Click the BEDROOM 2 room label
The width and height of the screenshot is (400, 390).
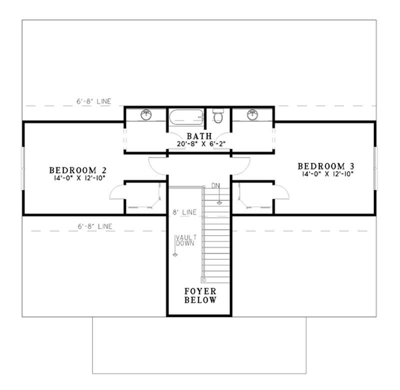point(77,169)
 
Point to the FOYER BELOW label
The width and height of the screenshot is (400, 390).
point(200,296)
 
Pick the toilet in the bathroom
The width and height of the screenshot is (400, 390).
point(217,117)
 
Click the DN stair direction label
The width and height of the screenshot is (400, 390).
point(215,186)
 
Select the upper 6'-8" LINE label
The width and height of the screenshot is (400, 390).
point(93,101)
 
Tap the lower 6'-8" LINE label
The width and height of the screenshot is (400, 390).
point(93,226)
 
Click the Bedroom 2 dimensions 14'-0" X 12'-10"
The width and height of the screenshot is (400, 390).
point(77,177)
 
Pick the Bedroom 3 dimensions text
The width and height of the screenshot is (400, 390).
point(328,174)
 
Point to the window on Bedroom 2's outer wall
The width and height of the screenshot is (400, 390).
point(22,168)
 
